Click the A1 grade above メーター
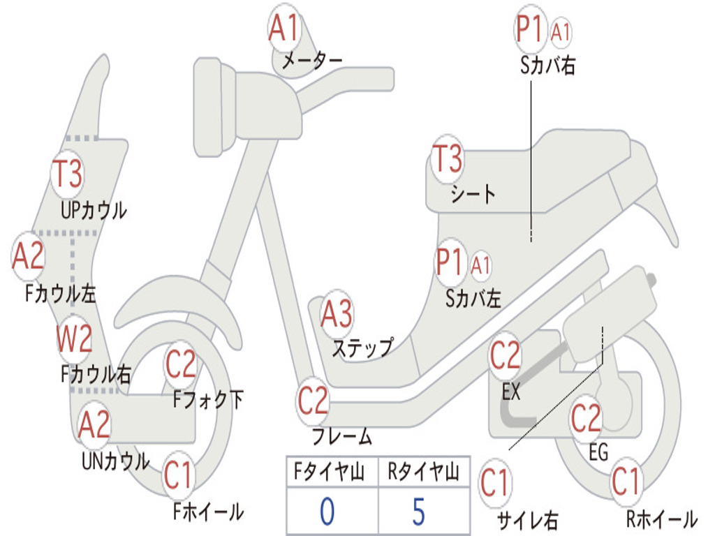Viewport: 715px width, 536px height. coord(284,29)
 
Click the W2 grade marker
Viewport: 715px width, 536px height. coord(74,339)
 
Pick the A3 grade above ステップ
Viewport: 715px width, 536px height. coord(336,315)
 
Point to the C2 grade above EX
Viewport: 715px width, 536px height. coord(506,356)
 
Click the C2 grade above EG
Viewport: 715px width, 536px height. coord(587,419)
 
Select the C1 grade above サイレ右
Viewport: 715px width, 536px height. coord(495,483)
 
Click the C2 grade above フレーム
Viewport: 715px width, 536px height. coord(313,401)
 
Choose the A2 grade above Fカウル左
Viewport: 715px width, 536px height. coord(29,257)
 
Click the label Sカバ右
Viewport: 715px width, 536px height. coord(548,66)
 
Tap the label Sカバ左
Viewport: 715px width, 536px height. coord(473,299)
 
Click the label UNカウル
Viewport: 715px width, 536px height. coord(116,461)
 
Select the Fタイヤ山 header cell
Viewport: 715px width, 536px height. coord(332,472)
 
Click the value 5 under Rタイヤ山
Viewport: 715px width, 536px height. coord(418,512)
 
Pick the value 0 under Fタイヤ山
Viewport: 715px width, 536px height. coord(327,512)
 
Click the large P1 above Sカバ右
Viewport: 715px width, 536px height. coord(530,30)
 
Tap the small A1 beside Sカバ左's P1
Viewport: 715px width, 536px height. coord(481,265)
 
